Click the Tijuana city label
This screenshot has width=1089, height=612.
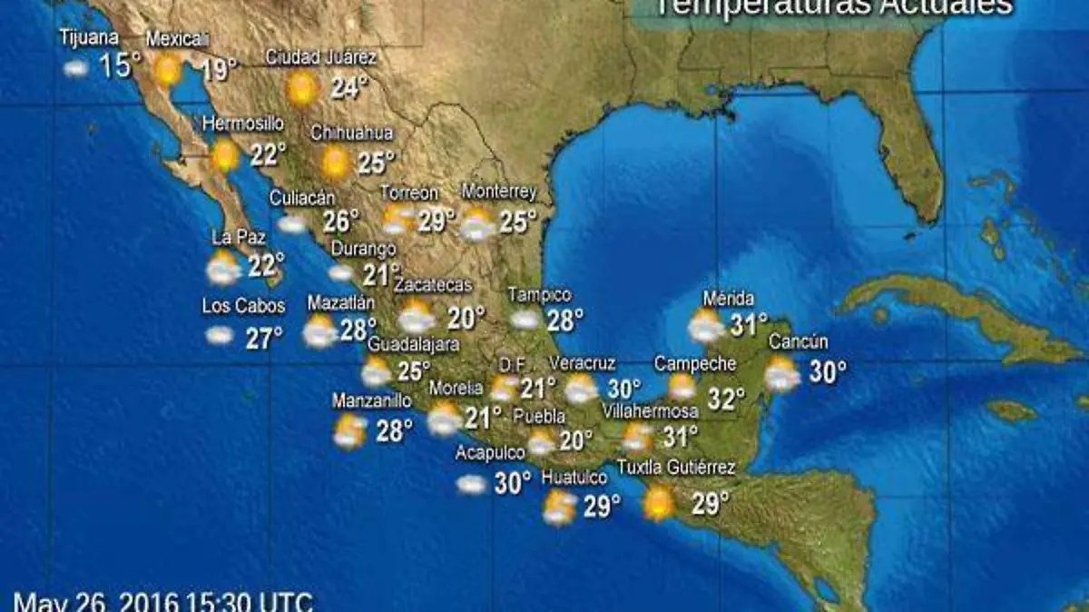pos(89,38)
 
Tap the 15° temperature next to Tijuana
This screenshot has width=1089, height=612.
pos(121,65)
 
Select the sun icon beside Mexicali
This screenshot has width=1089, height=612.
pos(167,69)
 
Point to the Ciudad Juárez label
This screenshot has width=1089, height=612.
pos(320,57)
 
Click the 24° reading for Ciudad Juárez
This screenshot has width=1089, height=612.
pos(349,88)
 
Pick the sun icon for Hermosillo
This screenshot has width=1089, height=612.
pos(224,156)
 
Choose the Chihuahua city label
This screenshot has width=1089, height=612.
pos(352,133)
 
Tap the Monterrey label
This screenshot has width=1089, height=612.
pos(499,192)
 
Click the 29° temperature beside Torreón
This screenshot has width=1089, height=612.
pos(437,221)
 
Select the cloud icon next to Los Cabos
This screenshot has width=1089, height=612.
pos(219,335)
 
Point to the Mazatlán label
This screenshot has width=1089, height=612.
pos(341,302)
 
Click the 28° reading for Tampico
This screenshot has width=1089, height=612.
pos(564,320)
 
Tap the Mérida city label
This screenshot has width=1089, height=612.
pos(729,299)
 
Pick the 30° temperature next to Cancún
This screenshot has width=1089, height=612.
pos(828,371)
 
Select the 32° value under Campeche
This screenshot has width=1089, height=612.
pos(726,399)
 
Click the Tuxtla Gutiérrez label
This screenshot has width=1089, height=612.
pos(675,468)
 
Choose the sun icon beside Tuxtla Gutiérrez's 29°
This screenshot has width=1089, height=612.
pos(658,502)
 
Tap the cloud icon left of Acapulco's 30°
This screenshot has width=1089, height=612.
pos(472,485)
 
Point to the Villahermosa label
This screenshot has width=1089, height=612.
pos(650,411)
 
